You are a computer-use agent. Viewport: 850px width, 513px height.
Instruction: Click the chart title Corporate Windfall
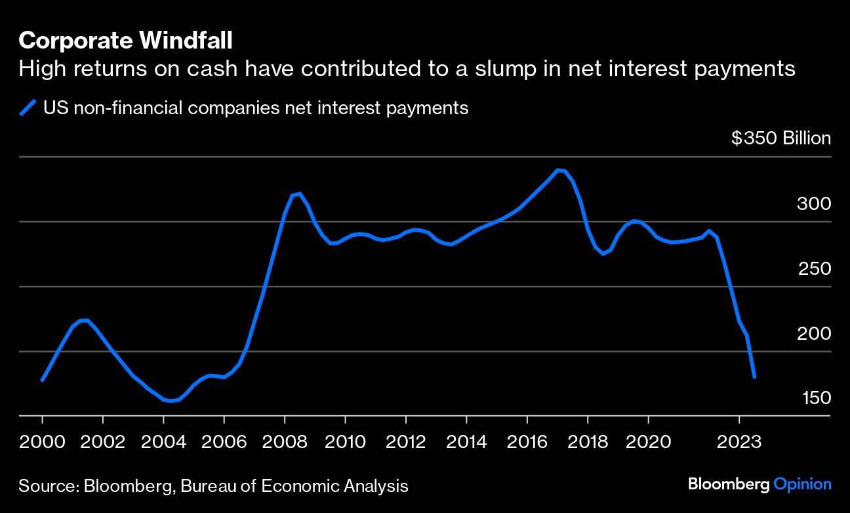tap(125, 41)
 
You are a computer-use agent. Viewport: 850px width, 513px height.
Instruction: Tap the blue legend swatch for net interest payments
tap(28, 108)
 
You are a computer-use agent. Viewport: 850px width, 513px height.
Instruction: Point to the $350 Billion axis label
tap(780, 138)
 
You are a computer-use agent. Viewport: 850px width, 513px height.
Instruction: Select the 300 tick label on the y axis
tap(813, 204)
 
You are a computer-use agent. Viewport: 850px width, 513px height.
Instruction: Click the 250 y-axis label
tap(814, 269)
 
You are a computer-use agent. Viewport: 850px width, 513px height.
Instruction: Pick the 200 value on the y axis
tap(813, 334)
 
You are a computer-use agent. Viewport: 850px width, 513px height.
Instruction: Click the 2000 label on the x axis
tap(43, 441)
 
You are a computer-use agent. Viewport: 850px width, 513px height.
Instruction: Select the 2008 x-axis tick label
tap(285, 441)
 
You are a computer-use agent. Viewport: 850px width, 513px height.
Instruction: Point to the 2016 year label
tap(527, 441)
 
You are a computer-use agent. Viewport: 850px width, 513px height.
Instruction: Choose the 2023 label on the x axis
tap(739, 441)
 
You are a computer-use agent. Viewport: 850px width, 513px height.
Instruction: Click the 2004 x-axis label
tap(164, 441)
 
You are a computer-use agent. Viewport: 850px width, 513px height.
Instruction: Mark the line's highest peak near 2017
tap(558, 170)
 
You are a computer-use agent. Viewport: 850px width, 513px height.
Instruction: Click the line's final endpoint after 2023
tap(755, 377)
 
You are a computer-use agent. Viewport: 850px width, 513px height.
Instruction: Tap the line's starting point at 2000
tap(42, 380)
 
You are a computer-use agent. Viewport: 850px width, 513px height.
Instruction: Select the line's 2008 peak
tap(299, 194)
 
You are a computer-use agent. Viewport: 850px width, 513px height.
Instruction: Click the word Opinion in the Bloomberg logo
tap(802, 484)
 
